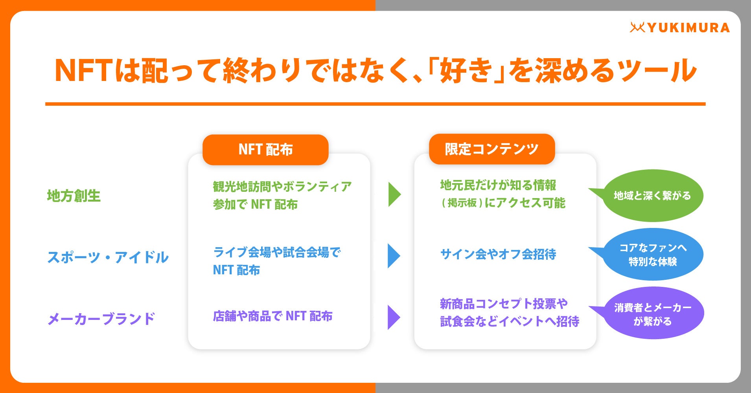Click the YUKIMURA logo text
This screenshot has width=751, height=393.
click(688, 28)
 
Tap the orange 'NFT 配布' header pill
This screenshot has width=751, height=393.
click(265, 150)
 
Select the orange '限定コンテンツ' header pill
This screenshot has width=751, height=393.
click(491, 149)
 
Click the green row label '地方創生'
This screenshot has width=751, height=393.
click(74, 196)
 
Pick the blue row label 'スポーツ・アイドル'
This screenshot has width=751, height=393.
click(108, 257)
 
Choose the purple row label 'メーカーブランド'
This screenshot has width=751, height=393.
click(101, 319)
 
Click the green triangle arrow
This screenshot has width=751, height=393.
click(394, 195)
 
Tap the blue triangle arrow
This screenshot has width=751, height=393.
click(393, 256)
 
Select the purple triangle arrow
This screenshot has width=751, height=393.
click(393, 317)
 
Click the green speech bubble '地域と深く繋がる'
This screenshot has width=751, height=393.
click(652, 196)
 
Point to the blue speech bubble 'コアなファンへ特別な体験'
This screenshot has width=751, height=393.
click(653, 255)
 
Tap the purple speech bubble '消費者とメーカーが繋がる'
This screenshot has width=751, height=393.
click(653, 314)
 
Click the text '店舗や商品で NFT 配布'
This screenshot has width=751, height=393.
click(272, 316)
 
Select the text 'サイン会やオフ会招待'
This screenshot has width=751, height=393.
click(498, 254)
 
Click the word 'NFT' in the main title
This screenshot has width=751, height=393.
click(83, 71)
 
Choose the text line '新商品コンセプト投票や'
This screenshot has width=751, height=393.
click(504, 304)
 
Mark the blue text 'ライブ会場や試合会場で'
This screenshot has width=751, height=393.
click(277, 252)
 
